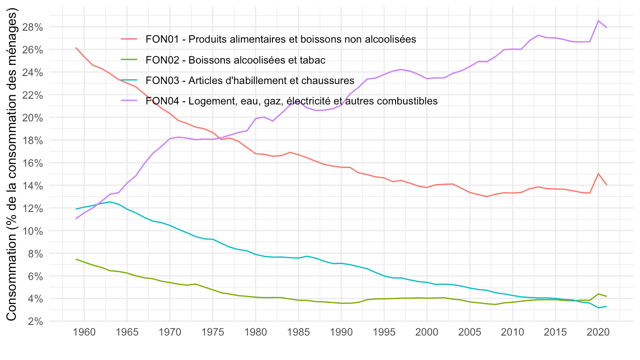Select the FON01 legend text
click(x=280, y=39)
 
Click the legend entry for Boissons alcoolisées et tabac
click(x=236, y=60)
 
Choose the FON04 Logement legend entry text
click(x=292, y=101)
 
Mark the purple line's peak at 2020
click(x=598, y=21)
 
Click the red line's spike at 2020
click(x=598, y=173)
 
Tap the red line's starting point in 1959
click(x=76, y=48)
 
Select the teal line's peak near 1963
click(x=110, y=202)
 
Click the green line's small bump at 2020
click(x=598, y=294)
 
